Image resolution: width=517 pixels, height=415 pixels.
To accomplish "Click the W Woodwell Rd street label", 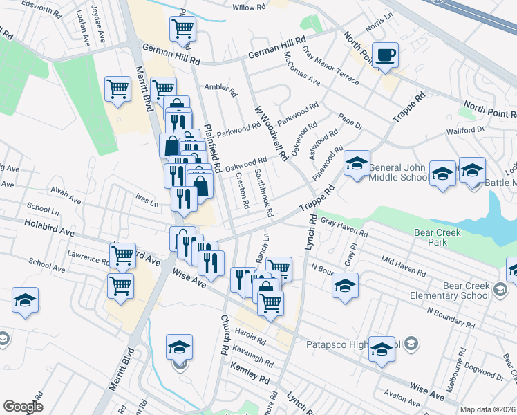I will click(x=270, y=133).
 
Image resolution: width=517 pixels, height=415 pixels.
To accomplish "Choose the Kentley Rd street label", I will click(x=250, y=377).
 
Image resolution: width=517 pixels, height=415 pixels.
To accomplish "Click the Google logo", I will click(x=23, y=407).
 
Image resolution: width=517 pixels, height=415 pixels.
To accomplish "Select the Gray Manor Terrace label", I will click(x=330, y=68).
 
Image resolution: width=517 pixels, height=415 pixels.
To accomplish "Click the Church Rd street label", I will click(x=225, y=335).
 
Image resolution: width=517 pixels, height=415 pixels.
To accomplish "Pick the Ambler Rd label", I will click(x=220, y=89).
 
